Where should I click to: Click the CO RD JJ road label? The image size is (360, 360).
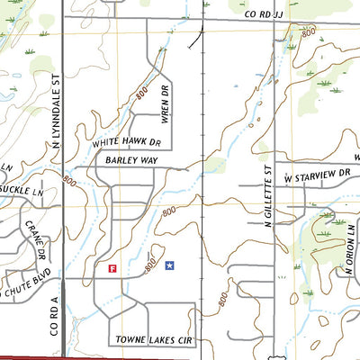(x=266, y=15)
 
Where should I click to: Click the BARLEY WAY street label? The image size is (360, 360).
(x=131, y=159)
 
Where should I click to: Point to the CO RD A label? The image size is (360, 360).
(x=54, y=315)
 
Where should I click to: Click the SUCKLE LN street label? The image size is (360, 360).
(x=20, y=191)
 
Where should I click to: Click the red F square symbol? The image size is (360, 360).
(x=112, y=267)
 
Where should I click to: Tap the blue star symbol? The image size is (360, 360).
(x=169, y=265)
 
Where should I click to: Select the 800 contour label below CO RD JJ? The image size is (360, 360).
(x=309, y=32)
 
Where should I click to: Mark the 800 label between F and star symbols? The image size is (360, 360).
(x=148, y=265)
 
